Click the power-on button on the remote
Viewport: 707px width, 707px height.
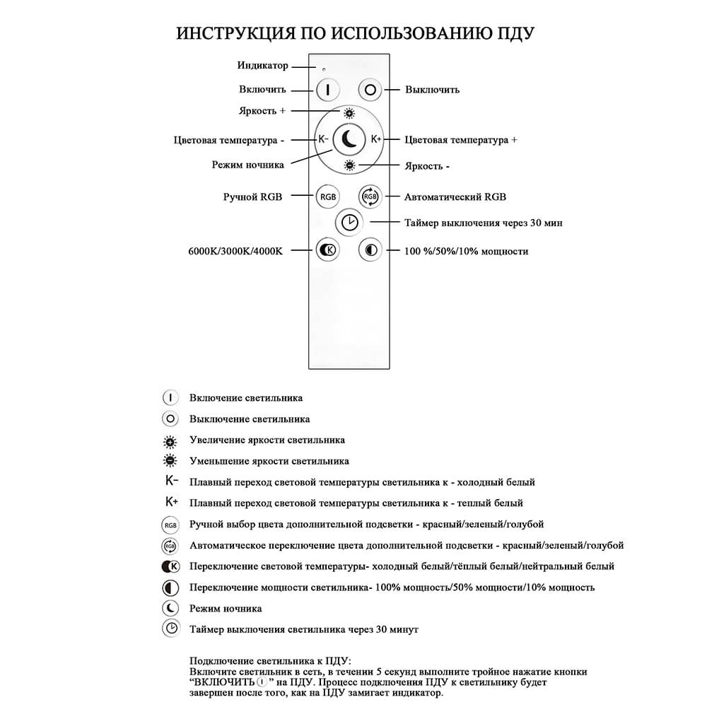click(328, 90)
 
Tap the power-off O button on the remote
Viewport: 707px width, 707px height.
click(370, 90)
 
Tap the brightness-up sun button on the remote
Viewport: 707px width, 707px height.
click(349, 113)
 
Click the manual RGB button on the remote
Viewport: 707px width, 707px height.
click(328, 197)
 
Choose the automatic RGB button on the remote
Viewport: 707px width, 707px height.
click(370, 197)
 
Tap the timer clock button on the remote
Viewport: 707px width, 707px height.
click(349, 223)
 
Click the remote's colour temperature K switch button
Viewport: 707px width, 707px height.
click(328, 250)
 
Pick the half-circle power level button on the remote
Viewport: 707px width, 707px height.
click(370, 250)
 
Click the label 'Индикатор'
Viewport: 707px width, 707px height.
click(263, 66)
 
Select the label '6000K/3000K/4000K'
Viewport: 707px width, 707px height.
click(236, 251)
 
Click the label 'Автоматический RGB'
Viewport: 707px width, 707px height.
click(455, 197)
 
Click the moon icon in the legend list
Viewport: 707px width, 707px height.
click(170, 608)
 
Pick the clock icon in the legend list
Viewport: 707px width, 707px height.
click(170, 629)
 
